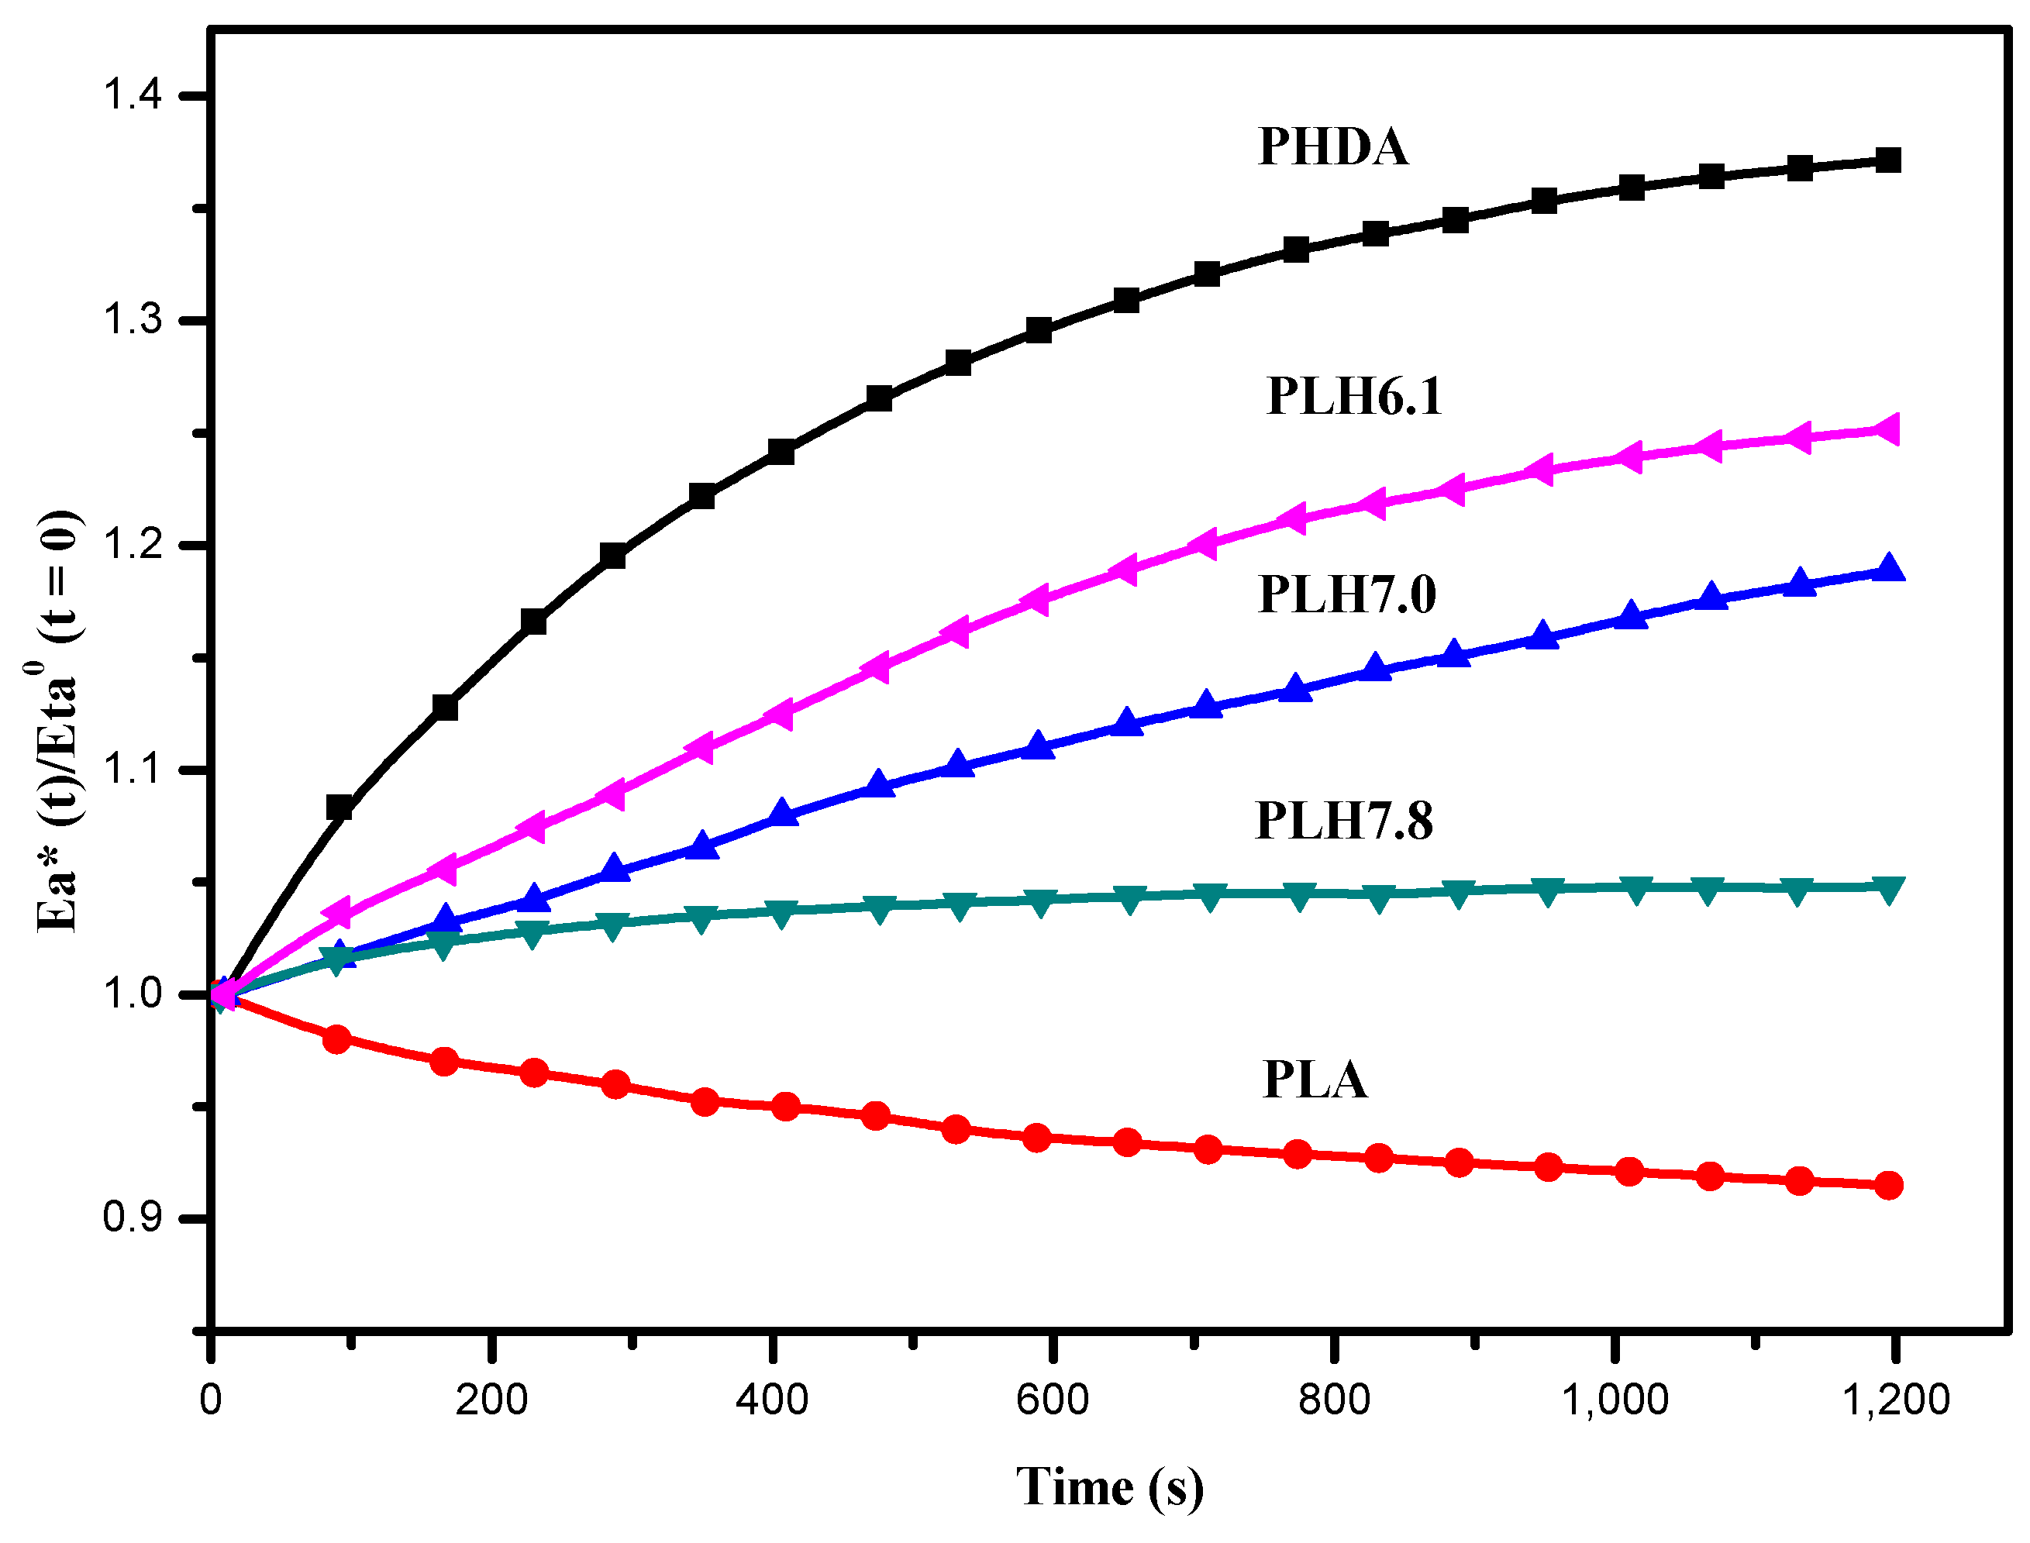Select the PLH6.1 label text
(x=1354, y=397)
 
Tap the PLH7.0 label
(x=1346, y=594)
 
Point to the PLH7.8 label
(x=1343, y=820)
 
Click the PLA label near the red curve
(x=1315, y=1080)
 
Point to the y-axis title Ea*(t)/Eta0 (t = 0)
(x=57, y=721)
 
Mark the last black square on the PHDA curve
(x=1887, y=160)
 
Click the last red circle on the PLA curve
(x=1888, y=1185)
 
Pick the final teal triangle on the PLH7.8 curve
(x=1888, y=889)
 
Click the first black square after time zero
(x=339, y=808)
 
